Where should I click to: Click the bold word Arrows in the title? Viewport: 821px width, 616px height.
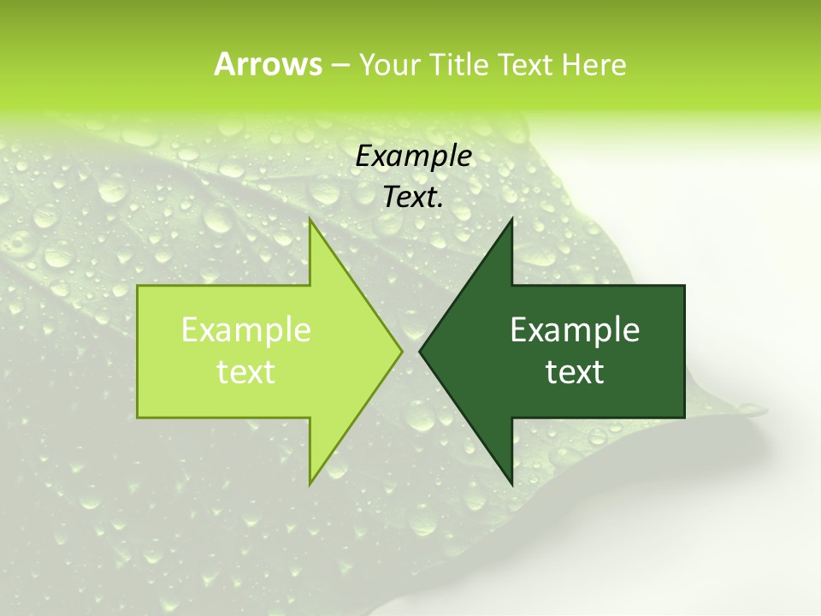268,64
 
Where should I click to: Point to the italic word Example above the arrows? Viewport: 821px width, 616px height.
414,156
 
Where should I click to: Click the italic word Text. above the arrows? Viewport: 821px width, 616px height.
414,197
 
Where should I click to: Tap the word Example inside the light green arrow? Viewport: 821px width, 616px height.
246,330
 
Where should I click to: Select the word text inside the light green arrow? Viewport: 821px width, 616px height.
246,371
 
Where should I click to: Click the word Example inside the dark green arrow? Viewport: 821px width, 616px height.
575,330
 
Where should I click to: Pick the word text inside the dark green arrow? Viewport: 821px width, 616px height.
575,371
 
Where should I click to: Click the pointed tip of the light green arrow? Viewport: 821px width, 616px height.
401,351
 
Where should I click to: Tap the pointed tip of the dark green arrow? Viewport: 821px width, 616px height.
421,351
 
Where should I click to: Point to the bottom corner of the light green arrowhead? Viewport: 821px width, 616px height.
310,483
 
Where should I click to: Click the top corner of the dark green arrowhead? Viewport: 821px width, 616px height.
511,220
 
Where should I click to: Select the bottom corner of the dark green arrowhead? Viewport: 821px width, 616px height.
511,483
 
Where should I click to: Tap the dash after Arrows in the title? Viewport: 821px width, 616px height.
340,65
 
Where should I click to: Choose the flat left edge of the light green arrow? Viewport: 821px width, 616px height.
139,351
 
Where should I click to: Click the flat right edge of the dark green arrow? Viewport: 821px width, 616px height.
684,351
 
